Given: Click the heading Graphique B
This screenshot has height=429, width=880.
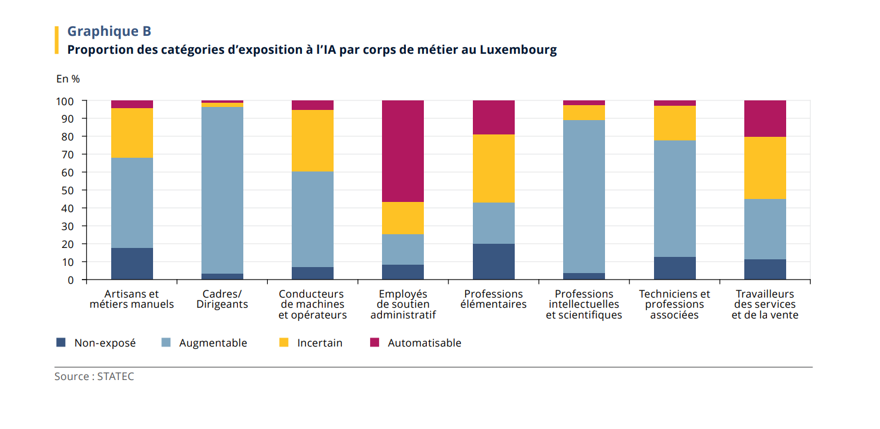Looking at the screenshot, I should pyautogui.click(x=109, y=32).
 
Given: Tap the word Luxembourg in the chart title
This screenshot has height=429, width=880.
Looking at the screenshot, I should pyautogui.click(x=518, y=50).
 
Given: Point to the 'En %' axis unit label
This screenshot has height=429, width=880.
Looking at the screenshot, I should pyautogui.click(x=68, y=79).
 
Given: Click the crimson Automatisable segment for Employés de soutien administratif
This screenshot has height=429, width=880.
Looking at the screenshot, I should pyautogui.click(x=402, y=151).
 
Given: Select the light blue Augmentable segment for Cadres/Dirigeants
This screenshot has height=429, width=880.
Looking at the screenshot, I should pyautogui.click(x=222, y=190).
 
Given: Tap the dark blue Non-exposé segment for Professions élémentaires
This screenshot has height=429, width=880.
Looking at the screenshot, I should pyautogui.click(x=493, y=262).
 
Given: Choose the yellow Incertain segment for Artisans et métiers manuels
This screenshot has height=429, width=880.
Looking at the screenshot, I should pyautogui.click(x=132, y=133).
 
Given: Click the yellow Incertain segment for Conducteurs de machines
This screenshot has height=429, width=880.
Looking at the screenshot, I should pyautogui.click(x=312, y=140).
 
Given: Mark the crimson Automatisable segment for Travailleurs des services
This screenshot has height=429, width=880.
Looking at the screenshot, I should pyautogui.click(x=765, y=118).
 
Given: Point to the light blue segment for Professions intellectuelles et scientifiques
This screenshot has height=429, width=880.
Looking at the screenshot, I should pyautogui.click(x=583, y=197).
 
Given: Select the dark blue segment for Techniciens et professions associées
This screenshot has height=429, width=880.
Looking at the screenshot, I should pyautogui.click(x=674, y=268).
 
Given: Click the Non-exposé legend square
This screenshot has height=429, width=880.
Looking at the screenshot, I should pyautogui.click(x=60, y=342).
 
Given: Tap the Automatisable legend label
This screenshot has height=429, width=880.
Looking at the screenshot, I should pyautogui.click(x=424, y=343).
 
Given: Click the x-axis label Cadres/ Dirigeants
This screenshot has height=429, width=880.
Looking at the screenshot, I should pyautogui.click(x=222, y=299).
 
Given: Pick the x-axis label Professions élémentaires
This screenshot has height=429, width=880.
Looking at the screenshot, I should pyautogui.click(x=493, y=299).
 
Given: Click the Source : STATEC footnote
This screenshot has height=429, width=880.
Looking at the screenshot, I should pyautogui.click(x=94, y=376).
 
